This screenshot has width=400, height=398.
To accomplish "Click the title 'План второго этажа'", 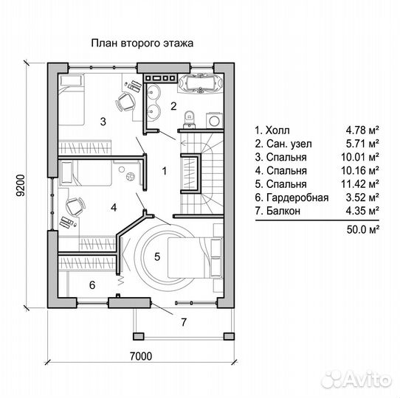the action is pos(142,43).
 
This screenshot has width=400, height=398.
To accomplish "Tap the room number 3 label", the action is pos(103,122).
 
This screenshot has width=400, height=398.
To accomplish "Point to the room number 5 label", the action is pos(157,256).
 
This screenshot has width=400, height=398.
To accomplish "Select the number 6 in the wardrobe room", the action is pos(92,284).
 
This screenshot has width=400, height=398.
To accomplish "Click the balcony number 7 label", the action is pos(184,322).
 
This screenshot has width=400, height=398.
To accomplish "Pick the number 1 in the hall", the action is pos(165,171).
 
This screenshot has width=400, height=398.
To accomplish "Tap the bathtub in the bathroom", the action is pos(201,83).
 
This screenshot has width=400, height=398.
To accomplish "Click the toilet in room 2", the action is pos(189,119).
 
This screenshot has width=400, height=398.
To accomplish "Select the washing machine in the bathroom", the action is pos(215,120).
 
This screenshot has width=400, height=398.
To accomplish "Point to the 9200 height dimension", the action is pos(21,185).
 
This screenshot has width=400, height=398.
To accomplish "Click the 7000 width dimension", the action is pos(141,356).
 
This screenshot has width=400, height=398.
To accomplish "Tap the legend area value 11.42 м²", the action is pos(359,184).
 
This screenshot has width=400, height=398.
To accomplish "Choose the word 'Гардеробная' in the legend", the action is pos(297,198).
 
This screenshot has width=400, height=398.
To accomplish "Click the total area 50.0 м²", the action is pos(362,229).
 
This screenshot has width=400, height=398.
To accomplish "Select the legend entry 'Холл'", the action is pos(277,130).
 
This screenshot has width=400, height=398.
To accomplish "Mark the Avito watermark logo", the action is pos(356,380).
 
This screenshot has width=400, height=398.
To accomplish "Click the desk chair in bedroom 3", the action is pos(125,102).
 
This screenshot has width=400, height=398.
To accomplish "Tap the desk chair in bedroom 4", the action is pos(75,206).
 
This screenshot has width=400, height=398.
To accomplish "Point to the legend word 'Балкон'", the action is pos(283,211).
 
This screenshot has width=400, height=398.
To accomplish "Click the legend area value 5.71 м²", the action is pos(362,144).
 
